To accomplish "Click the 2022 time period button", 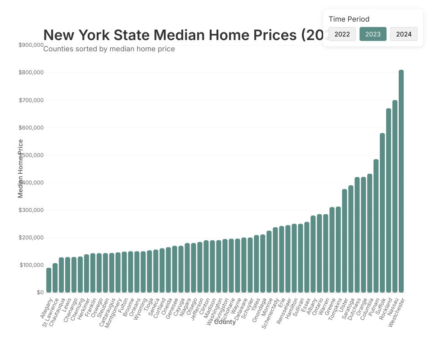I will [x=342, y=34].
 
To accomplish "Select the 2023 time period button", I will [x=373, y=34].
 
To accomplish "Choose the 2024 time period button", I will [x=404, y=34].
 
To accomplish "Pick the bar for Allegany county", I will [x=49, y=280].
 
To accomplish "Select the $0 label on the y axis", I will [x=40, y=292].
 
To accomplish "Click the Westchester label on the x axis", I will [x=396, y=313].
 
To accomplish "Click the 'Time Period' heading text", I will [x=349, y=19].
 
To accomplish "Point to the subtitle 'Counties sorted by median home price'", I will [x=109, y=49].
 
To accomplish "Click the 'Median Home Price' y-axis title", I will [x=20, y=168].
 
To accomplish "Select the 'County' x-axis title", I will [x=225, y=322].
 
